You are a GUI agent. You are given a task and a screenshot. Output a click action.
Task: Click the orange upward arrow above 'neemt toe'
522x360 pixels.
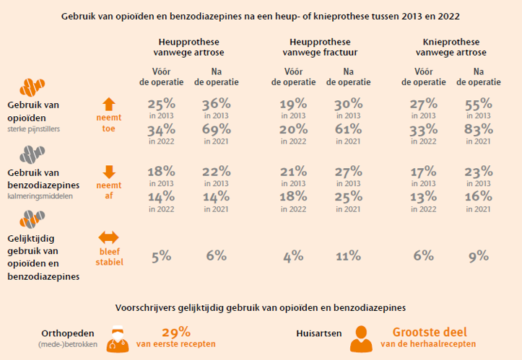(109, 104)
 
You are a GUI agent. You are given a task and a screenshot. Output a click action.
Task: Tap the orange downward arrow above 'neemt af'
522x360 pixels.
(109, 172)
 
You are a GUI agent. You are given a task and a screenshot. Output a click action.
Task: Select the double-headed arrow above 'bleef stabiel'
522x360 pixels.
(109, 237)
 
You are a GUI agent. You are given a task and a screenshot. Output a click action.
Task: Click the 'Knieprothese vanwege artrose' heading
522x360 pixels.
(451, 47)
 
